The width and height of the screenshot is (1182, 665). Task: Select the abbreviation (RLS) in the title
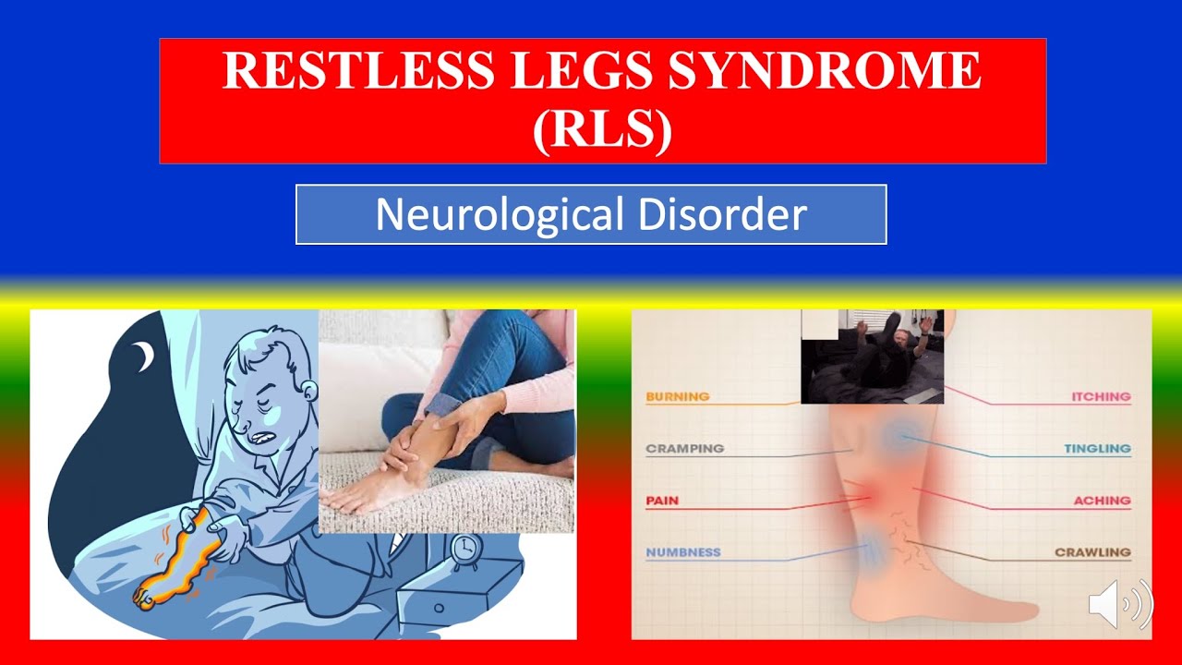(x=602, y=128)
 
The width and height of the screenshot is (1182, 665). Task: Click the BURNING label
(x=677, y=397)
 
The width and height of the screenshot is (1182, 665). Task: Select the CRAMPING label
(x=684, y=449)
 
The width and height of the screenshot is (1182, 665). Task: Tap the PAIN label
(x=662, y=501)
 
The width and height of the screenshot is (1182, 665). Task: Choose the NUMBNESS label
(x=682, y=552)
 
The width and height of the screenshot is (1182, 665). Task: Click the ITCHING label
(x=1101, y=397)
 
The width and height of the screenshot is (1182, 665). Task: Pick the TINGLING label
(x=1097, y=449)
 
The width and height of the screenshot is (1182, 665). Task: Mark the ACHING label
(x=1102, y=501)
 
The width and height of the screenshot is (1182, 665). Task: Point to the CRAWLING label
(x=1092, y=552)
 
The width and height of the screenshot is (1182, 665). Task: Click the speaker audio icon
(x=1120, y=605)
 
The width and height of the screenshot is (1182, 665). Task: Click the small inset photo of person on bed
(x=872, y=357)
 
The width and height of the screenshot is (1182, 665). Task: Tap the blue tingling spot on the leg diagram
(x=896, y=437)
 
